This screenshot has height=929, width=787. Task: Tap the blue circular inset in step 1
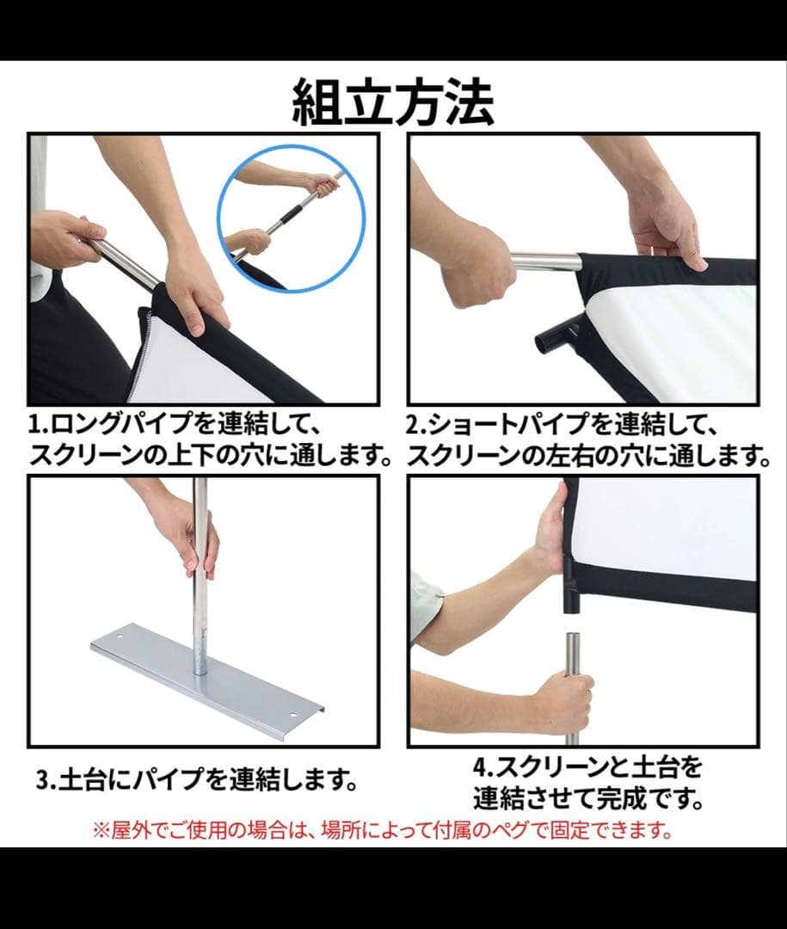pyautogui.click(x=291, y=219)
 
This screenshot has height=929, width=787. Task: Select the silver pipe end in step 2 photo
pyautogui.click(x=544, y=262)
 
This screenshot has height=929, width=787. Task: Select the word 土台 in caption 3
pyautogui.click(x=83, y=779)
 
